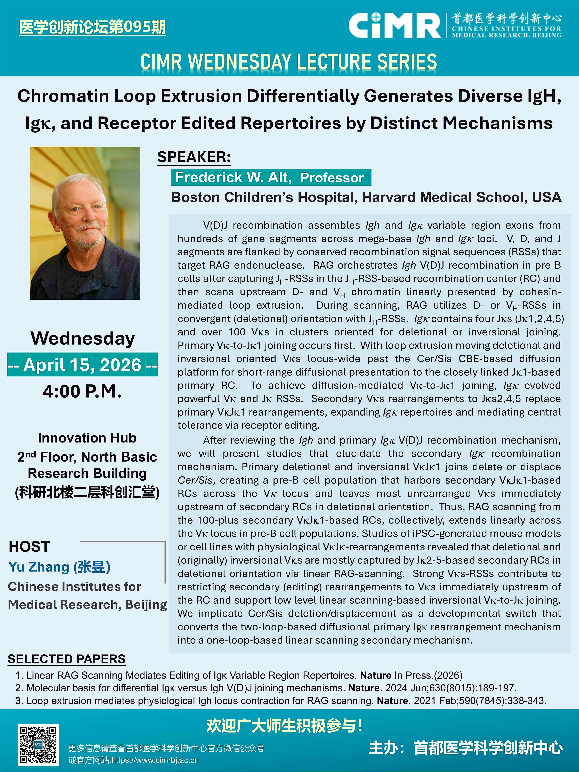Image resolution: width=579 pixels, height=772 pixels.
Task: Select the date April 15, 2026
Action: coord(82,365)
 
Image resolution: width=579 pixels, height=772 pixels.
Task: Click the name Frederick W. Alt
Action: coord(233,177)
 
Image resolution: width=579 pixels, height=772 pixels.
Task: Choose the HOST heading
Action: coord(29,546)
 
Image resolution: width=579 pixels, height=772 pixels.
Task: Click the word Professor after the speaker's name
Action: coord(332,178)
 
